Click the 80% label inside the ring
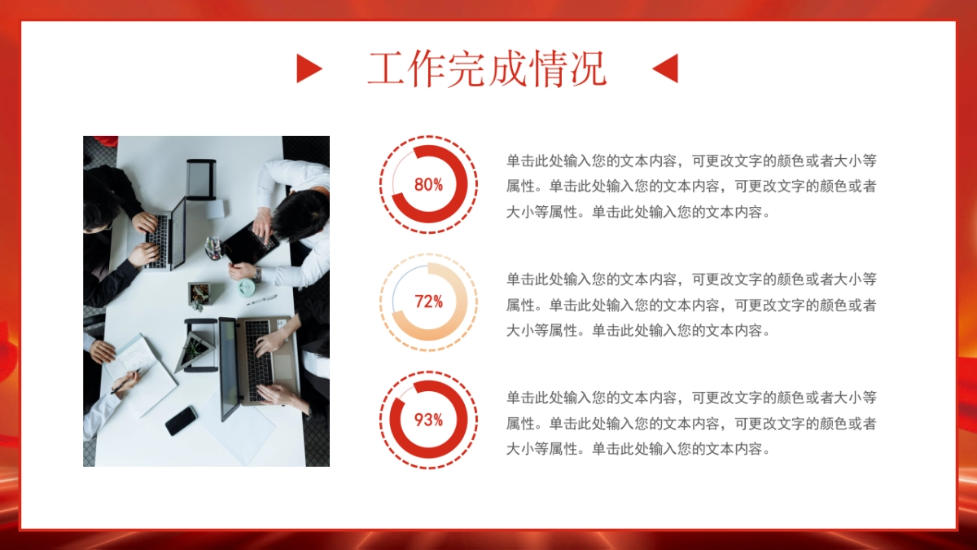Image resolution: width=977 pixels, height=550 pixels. point(428,184)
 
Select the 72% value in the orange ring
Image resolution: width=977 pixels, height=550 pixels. point(428,302)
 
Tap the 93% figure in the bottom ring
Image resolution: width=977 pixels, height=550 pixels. point(428,420)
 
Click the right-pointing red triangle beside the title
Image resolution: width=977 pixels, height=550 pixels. point(308,68)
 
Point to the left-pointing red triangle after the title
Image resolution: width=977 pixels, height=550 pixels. point(666,68)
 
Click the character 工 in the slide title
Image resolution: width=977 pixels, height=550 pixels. point(387,68)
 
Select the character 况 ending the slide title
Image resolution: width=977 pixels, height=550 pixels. point(588,68)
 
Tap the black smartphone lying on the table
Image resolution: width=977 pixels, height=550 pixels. point(181,420)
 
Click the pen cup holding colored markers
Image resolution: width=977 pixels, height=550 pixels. point(213,248)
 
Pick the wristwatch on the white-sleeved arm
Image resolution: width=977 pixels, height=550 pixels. point(256,275)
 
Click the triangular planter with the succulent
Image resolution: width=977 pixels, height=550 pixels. point(195,349)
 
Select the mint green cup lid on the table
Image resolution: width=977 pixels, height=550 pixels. point(246,287)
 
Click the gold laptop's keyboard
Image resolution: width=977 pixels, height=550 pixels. point(258,352)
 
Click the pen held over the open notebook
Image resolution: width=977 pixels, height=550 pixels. point(125,380)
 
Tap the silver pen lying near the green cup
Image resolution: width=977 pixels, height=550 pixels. point(261,300)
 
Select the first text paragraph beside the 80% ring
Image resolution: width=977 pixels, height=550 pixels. point(691,186)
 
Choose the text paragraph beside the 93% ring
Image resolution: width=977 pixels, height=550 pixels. point(691,424)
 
